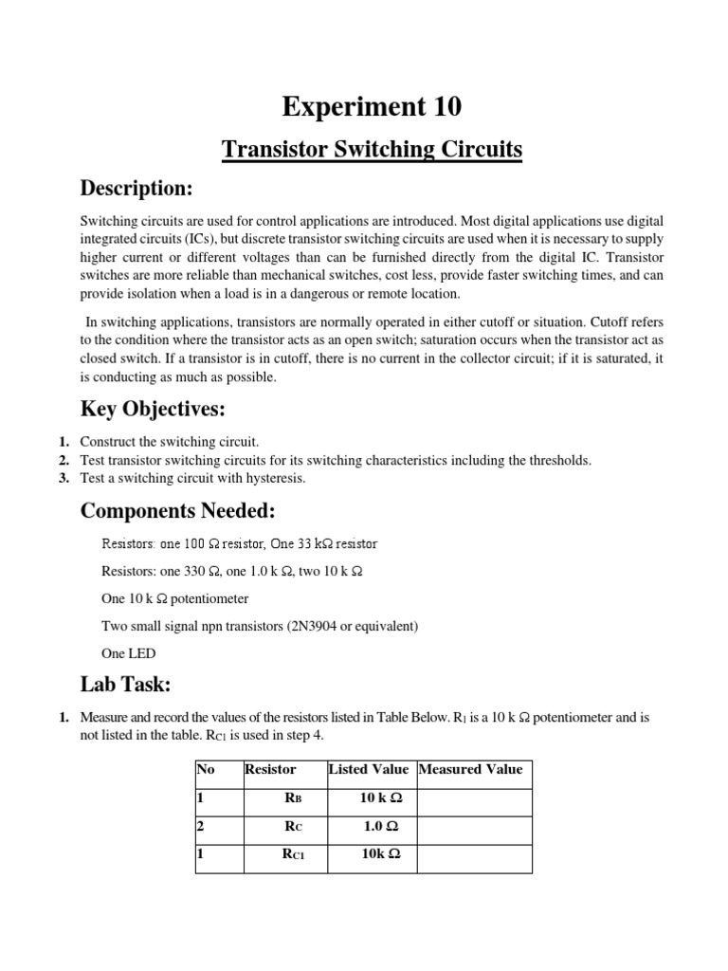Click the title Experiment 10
click(372, 107)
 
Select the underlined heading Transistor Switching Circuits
click(372, 150)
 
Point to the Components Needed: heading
click(177, 511)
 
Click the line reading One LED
click(129, 653)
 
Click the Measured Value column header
click(471, 769)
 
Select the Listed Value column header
click(369, 769)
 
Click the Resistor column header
click(270, 769)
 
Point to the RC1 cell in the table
click(294, 854)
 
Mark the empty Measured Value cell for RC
click(473, 826)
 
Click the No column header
click(206, 769)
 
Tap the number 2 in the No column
click(201, 826)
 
